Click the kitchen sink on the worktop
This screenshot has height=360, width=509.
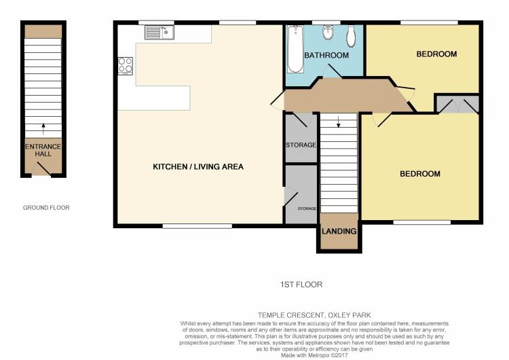(159, 31)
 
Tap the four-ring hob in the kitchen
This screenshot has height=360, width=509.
(126, 65)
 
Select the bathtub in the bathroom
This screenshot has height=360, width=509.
(295, 50)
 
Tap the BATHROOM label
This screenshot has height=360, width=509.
(326, 55)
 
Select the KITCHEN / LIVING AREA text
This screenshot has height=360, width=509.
(197, 166)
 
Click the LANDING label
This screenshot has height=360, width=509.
(339, 232)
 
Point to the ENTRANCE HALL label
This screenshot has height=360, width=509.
(43, 150)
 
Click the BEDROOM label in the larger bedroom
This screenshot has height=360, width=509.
(419, 174)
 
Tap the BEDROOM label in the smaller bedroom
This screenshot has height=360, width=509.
(436, 54)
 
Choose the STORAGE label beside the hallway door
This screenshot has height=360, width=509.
(301, 145)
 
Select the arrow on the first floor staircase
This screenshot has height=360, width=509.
(338, 122)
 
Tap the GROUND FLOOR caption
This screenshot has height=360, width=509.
(46, 208)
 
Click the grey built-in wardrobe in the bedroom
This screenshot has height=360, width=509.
(457, 104)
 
